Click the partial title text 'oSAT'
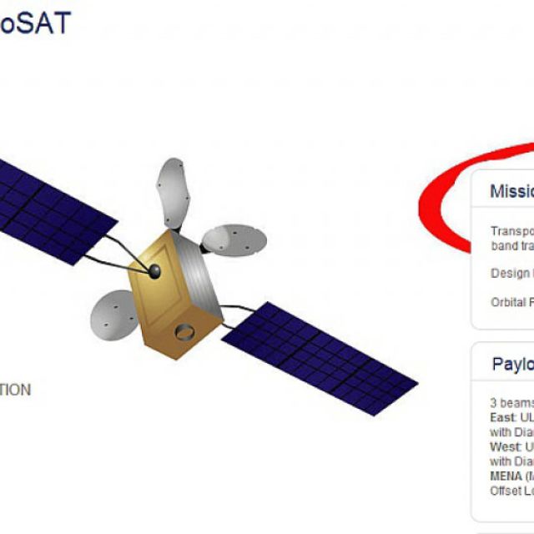tap(35, 23)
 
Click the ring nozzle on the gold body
tap(185, 333)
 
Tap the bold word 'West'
tap(503, 446)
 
